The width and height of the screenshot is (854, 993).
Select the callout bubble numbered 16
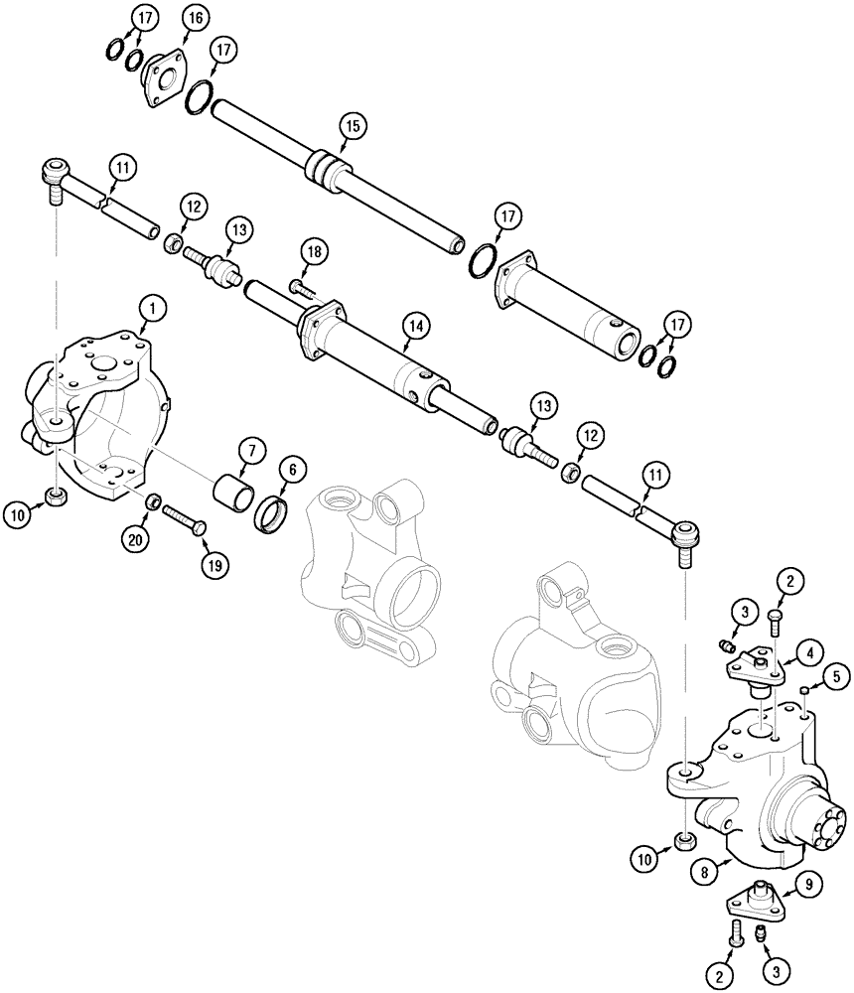pos(193,18)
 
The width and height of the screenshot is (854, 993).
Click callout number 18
pos(314,253)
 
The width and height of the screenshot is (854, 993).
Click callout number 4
pos(812,652)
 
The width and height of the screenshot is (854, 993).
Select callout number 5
pos(835,677)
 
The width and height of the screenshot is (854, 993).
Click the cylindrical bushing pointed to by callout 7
pos(233,493)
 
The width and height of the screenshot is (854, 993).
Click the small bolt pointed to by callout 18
pos(299,288)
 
